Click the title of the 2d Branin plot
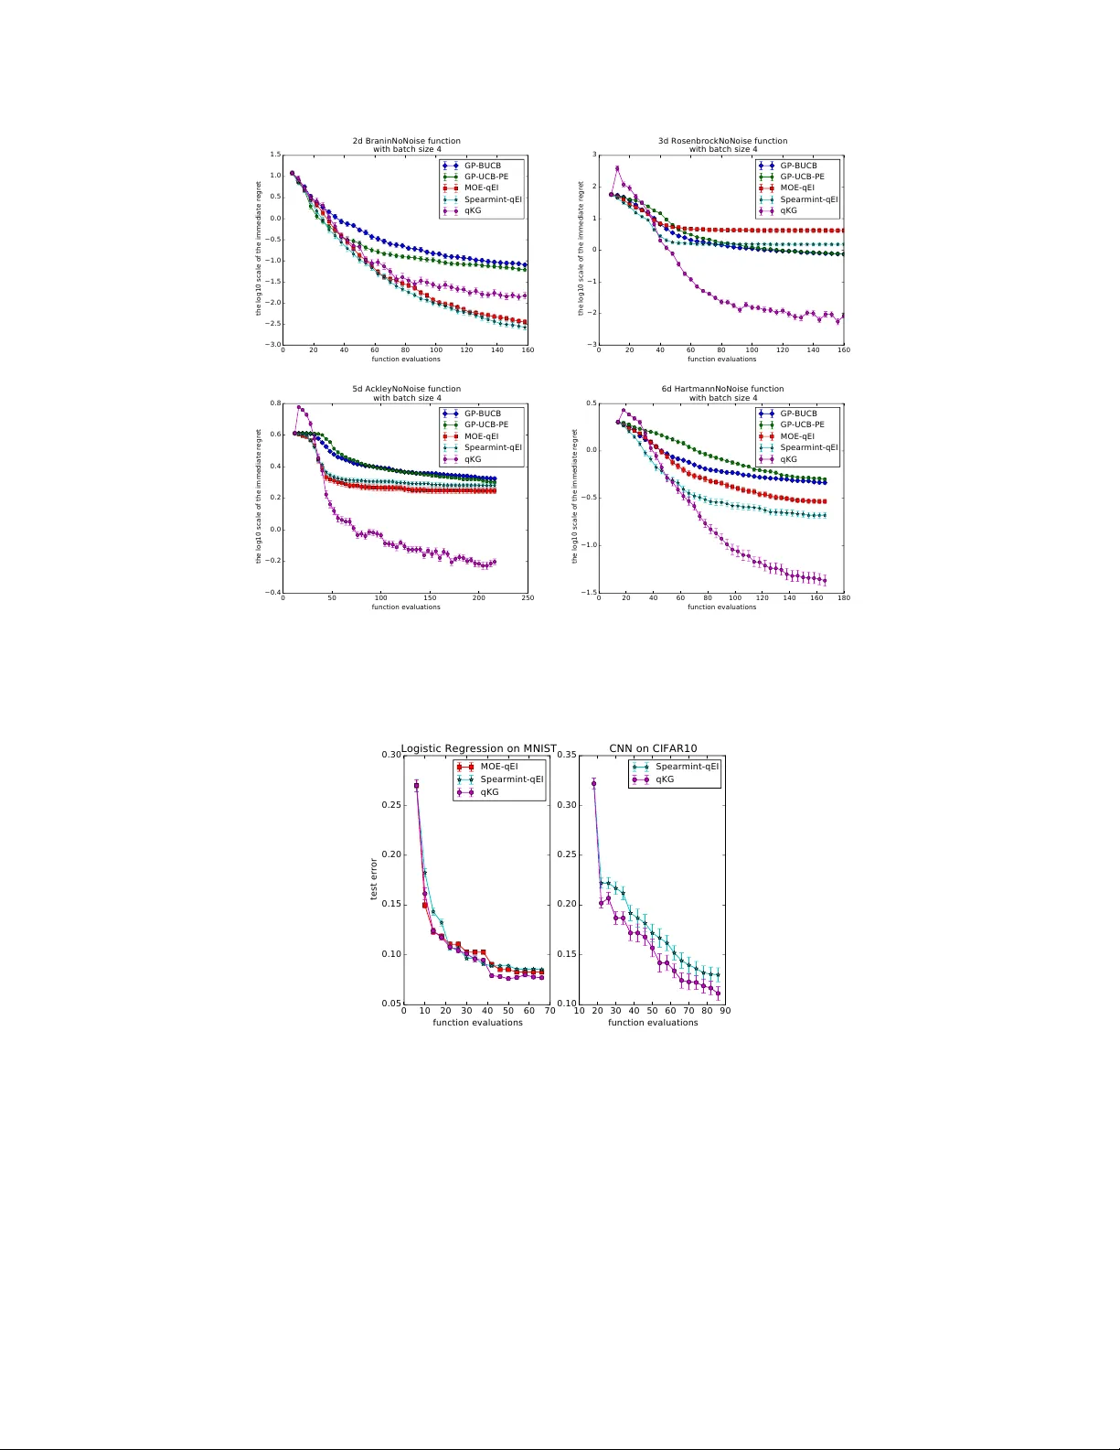(406, 145)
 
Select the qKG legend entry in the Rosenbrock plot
(788, 210)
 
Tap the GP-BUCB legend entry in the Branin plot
(483, 166)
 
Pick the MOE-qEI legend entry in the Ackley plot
(481, 436)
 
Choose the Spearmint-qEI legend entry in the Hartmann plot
(808, 447)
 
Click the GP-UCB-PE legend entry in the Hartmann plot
(802, 424)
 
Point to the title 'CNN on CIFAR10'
(653, 748)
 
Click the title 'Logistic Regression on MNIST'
(478, 748)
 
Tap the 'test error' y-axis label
(374, 879)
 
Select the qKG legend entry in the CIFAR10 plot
(665, 779)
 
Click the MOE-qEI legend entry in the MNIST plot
(499, 767)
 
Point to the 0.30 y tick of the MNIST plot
(391, 755)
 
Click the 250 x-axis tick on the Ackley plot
(528, 598)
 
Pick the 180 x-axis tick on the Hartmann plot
(844, 598)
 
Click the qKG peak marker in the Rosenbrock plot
(617, 168)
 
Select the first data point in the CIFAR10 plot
(594, 783)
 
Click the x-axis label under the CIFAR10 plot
(653, 1023)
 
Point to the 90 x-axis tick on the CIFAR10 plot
(725, 1011)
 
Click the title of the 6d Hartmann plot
(722, 392)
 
